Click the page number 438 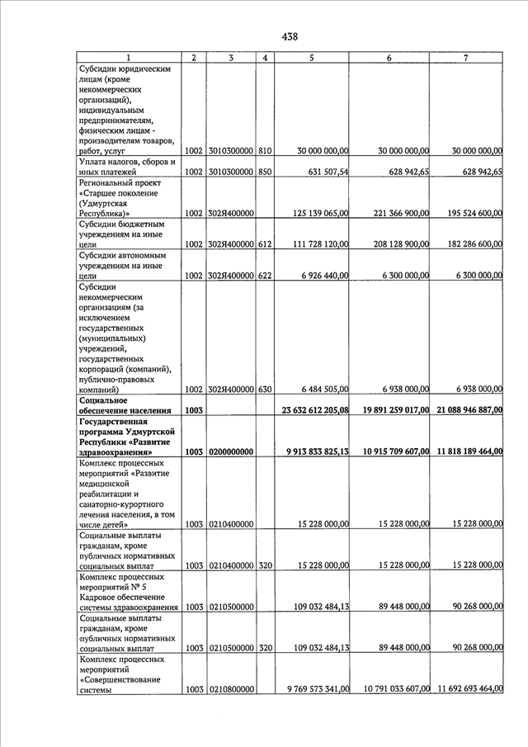(x=290, y=36)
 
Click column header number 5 (x=311, y=58)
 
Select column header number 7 (x=466, y=58)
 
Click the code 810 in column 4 (x=265, y=151)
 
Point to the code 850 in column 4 (x=265, y=172)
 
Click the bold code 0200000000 (x=231, y=452)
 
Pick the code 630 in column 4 (x=265, y=389)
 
